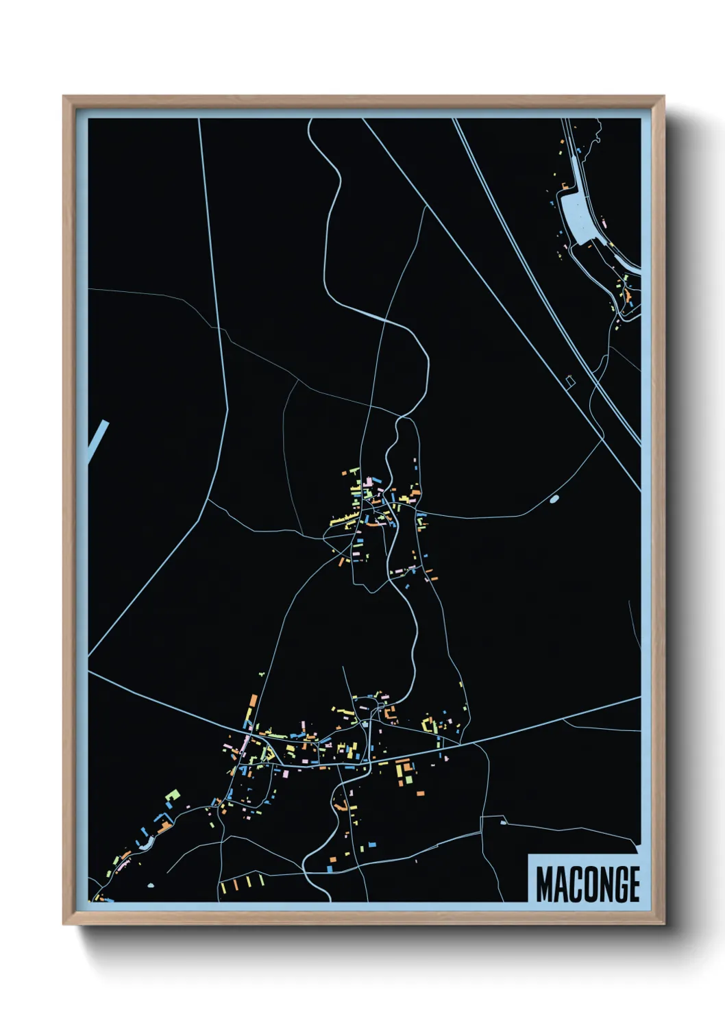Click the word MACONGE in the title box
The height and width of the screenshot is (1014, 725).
click(587, 884)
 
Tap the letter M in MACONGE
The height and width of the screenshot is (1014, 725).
click(543, 884)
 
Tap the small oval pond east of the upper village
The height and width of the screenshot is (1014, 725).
click(554, 499)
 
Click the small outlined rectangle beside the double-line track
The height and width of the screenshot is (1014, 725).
click(569, 379)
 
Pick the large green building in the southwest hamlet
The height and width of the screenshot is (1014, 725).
click(173, 795)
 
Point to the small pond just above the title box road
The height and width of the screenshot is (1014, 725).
click(503, 822)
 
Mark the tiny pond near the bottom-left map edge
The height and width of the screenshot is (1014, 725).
click(150, 885)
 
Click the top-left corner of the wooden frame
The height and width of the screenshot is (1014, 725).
click(64, 97)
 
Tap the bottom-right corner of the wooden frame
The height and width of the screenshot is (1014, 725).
click(664, 924)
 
